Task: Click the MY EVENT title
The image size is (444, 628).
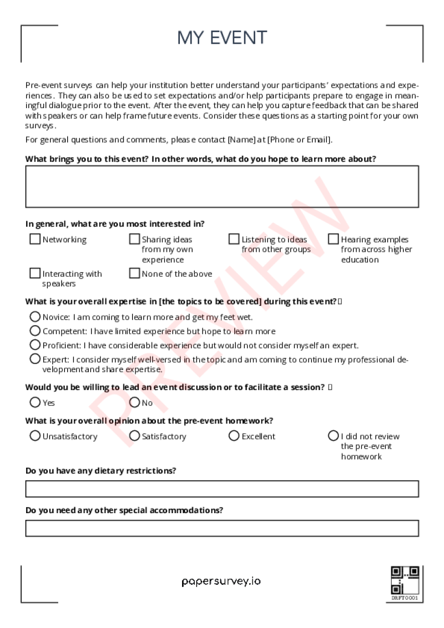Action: (x=222, y=38)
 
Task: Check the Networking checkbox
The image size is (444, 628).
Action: (x=35, y=239)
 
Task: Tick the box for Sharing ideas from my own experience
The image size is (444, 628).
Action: (x=134, y=239)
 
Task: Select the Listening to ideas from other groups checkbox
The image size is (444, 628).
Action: (x=234, y=239)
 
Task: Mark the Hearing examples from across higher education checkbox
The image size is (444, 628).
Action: (x=333, y=239)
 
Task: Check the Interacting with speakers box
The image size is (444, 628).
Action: (x=35, y=274)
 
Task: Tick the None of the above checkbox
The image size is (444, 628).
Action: (x=134, y=274)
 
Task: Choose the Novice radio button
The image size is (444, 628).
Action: (x=35, y=317)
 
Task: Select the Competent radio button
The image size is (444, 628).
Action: (x=35, y=331)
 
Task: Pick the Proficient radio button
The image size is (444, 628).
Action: (x=35, y=345)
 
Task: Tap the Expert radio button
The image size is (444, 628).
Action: (x=35, y=359)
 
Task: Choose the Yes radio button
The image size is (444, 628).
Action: (x=35, y=402)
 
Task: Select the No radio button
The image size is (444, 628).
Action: (x=134, y=402)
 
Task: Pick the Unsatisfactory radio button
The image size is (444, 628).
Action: (x=35, y=436)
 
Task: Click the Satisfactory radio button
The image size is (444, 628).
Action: (x=134, y=436)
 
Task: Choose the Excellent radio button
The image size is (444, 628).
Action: (x=234, y=436)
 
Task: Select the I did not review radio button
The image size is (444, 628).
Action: (x=333, y=436)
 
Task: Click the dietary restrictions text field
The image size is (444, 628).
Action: (x=222, y=489)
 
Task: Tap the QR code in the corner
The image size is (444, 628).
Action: (x=405, y=580)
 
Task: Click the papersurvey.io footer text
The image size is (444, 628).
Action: (x=221, y=581)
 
